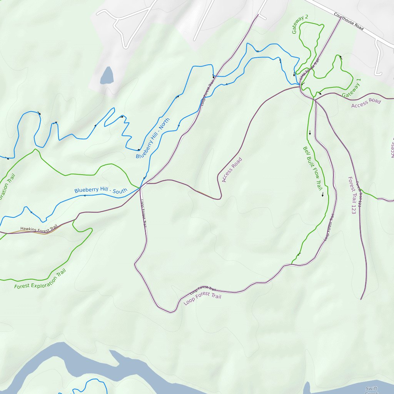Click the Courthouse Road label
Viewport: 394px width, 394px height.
tap(349, 22)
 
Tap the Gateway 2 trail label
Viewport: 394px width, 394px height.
tap(300, 24)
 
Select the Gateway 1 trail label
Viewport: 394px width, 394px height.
tap(351, 88)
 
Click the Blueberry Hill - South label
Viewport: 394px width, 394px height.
tap(100, 190)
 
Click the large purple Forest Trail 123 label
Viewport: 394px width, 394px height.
tap(351, 195)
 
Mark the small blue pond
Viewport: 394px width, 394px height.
tap(107, 76)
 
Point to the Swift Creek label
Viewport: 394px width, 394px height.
tap(372, 390)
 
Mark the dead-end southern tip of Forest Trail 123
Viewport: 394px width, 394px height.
tap(361, 299)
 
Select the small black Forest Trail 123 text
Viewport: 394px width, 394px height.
tap(358, 194)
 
